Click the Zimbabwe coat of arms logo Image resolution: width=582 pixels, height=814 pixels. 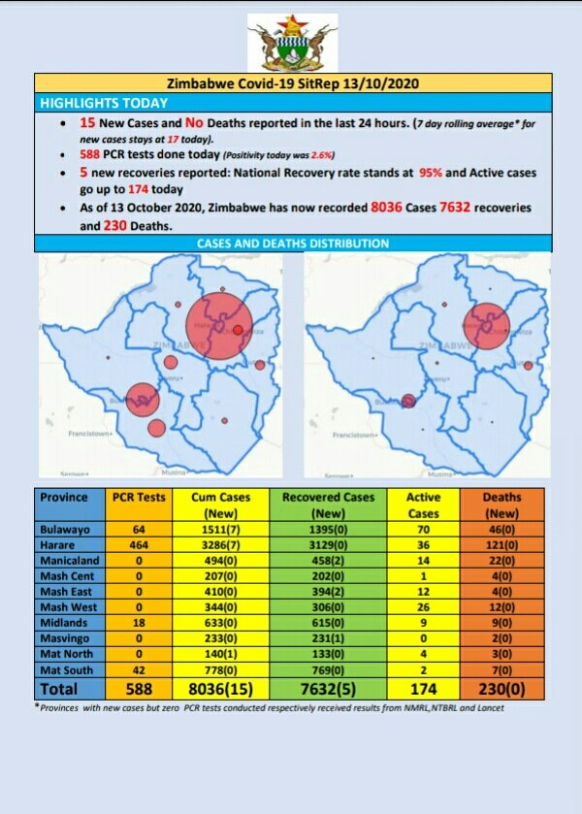[x=292, y=43]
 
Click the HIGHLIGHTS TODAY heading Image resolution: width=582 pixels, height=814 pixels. [x=104, y=103]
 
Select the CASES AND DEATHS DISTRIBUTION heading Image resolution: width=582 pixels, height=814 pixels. [x=293, y=244]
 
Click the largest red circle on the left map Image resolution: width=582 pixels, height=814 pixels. [x=218, y=325]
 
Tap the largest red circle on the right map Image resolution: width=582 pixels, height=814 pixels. [x=485, y=325]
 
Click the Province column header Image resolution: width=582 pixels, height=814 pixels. [x=64, y=497]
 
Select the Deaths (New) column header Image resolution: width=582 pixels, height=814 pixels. [x=501, y=505]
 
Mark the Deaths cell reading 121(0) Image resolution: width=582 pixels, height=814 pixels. [x=501, y=547]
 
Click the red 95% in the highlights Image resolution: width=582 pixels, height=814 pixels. [x=430, y=173]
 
